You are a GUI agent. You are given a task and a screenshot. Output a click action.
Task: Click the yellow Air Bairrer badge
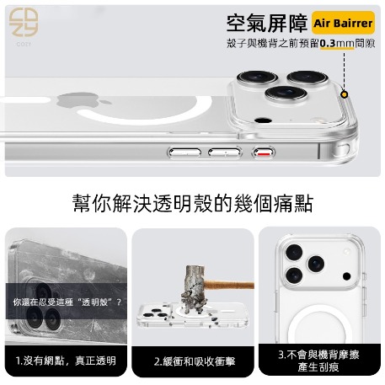tap(343, 23)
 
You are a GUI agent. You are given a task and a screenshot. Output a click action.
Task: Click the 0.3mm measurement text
tap(337, 44)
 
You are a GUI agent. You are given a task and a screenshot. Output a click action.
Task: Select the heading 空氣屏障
tap(267, 24)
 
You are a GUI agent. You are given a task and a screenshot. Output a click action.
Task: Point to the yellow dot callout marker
tap(345, 94)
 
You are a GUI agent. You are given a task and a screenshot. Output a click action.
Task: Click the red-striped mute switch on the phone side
tap(264, 152)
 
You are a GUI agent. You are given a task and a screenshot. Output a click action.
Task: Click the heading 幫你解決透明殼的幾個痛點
tap(193, 203)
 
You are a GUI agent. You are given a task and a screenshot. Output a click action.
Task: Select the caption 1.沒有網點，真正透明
tap(66, 361)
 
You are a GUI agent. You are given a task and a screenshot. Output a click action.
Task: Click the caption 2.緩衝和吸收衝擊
tap(195, 361)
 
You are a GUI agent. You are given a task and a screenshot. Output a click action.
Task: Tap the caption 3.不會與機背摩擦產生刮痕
tap(318, 361)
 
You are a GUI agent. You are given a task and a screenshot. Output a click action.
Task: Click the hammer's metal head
tap(193, 288)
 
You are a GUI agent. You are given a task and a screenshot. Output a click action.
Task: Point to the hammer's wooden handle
tap(228, 285)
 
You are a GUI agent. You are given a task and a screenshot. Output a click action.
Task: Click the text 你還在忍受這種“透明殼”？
tap(67, 302)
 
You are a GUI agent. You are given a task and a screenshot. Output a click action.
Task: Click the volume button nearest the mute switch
tap(225, 152)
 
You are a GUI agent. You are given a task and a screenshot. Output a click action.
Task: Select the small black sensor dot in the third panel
tap(347, 276)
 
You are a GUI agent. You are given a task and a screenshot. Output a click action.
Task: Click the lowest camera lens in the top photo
tap(286, 94)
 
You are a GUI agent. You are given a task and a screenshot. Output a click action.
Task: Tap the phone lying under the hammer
tap(192, 315)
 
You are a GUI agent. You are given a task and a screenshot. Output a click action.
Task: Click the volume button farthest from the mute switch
tap(184, 152)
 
